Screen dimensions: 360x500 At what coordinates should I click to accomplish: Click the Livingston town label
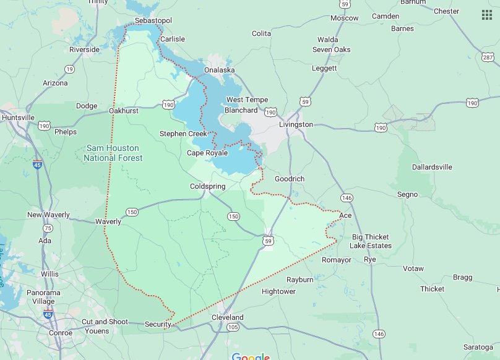point(296,124)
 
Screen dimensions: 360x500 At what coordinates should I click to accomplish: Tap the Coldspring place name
point(207,186)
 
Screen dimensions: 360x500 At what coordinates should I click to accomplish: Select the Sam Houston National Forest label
point(113,153)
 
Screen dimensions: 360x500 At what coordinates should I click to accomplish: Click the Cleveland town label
point(228,317)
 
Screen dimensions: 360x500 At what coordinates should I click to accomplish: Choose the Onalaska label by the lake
point(220,70)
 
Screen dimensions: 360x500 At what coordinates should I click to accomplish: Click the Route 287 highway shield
point(488,58)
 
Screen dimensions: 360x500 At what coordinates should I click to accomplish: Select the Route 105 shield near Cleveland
point(233,327)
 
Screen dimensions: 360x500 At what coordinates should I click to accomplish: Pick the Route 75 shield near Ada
point(48,228)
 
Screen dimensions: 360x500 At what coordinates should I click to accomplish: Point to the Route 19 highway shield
point(69,69)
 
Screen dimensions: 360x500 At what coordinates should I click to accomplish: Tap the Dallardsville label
point(433,167)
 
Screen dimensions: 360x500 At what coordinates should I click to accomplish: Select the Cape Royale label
point(207,153)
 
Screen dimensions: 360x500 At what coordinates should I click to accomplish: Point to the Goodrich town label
point(290,178)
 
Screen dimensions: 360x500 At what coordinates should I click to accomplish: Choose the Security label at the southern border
point(158,324)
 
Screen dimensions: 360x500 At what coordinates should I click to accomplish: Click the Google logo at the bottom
point(251,357)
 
